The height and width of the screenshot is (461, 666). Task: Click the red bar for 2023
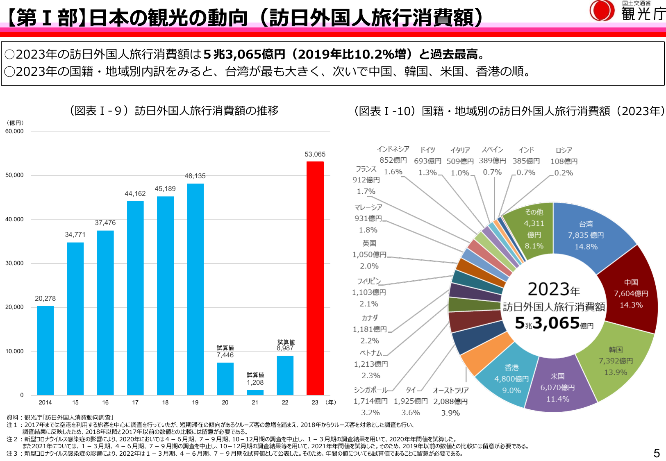pos(315,279)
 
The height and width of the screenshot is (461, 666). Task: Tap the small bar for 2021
pos(255,392)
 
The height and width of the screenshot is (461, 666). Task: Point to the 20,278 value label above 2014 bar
pos(45,298)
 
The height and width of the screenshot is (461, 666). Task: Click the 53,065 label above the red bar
pos(315,154)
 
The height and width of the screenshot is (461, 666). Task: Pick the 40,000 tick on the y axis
pos(14,219)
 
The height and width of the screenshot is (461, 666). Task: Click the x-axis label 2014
pos(45,402)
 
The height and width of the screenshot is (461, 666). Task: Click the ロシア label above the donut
pos(564,150)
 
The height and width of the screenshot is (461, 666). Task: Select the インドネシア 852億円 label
pos(393,154)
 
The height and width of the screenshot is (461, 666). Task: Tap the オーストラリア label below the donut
pos(450,391)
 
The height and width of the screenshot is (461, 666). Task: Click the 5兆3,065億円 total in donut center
pos(553,323)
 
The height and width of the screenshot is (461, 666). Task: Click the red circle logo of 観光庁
pos(602,11)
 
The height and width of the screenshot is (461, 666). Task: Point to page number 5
pos(657,453)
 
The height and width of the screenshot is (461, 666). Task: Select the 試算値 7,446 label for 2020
pos(225,352)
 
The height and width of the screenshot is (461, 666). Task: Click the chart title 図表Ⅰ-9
pos(174,111)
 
